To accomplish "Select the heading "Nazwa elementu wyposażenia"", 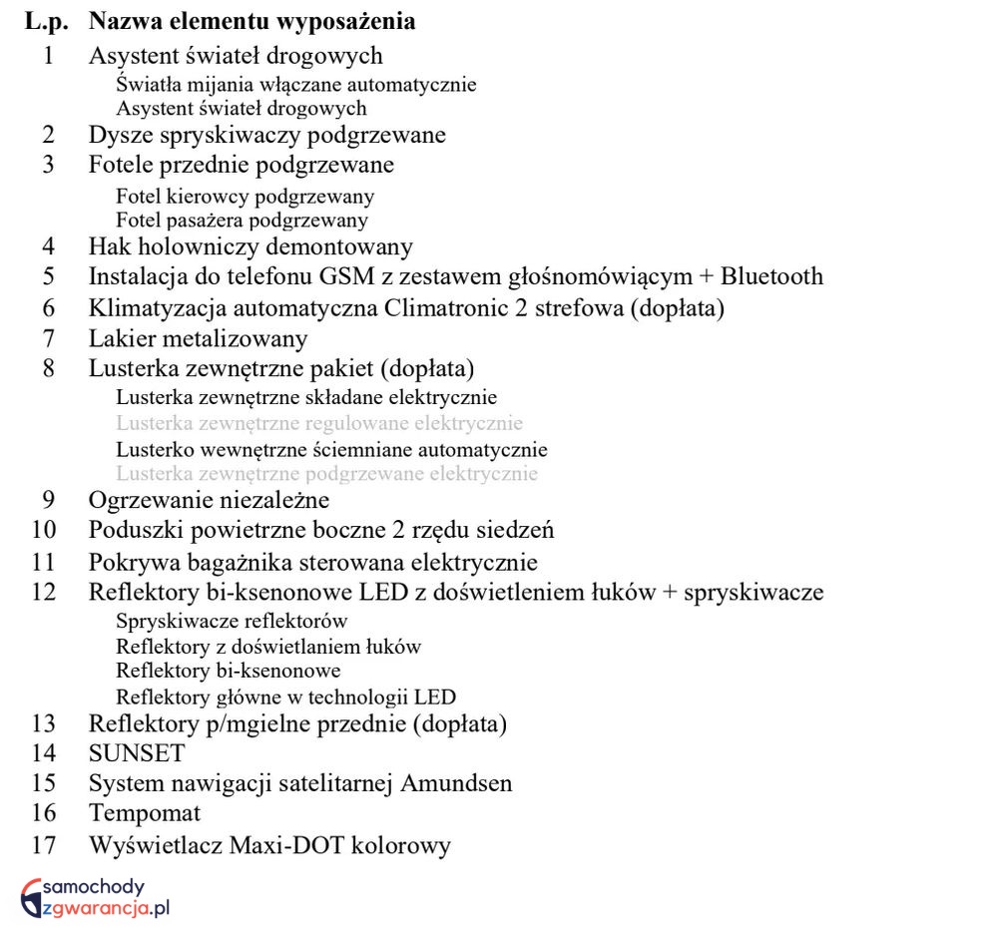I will pos(251,21).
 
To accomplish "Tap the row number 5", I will pos(49,276).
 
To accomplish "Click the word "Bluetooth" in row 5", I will pos(772,276).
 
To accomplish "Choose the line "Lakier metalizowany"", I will pos(198,339).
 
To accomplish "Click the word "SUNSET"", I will pos(137,753).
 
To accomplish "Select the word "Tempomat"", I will pos(145,813).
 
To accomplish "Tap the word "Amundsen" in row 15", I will pos(456,783).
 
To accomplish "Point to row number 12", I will pos(44,592).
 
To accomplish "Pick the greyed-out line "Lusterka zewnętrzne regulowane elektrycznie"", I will pos(319,423).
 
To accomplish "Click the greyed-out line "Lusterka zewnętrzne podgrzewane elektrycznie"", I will pos(327,474).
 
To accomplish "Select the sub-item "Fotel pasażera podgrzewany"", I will pos(242,221).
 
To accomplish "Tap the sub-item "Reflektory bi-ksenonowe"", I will pos(229,671).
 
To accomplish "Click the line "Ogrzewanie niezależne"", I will pos(209,499).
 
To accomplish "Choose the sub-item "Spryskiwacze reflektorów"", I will pos(232,621).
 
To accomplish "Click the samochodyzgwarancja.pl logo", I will pos(97,896).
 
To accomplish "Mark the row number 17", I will pos(44,845).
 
